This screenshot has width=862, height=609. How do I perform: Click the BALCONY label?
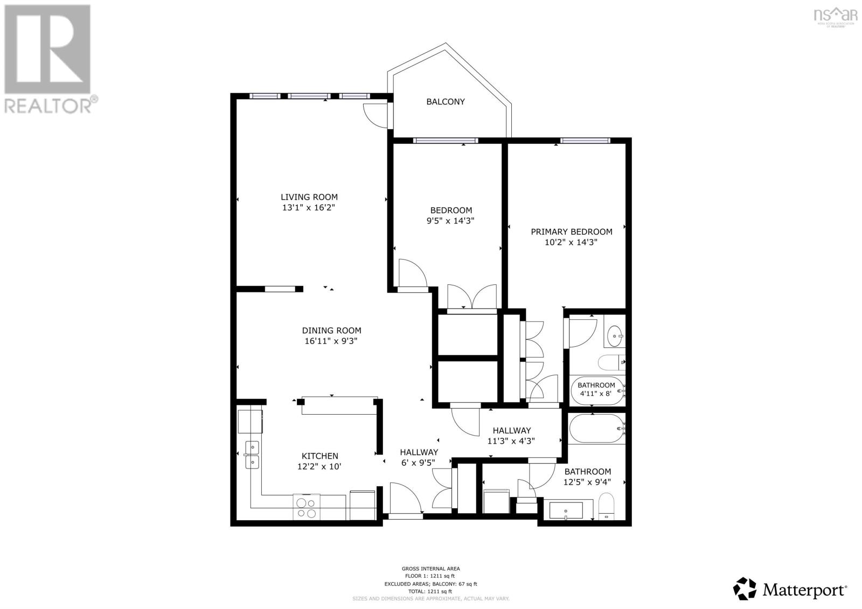pyautogui.click(x=445, y=102)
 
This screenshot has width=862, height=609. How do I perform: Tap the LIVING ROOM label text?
pyautogui.click(x=309, y=197)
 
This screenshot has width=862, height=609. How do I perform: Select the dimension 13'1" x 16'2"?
pyautogui.click(x=309, y=207)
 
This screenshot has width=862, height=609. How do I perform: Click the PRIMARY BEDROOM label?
pyautogui.click(x=571, y=232)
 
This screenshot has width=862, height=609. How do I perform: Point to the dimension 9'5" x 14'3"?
pyautogui.click(x=451, y=221)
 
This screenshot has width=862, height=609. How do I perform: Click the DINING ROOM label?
pyautogui.click(x=331, y=331)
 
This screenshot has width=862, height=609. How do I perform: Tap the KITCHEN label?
pyautogui.click(x=319, y=456)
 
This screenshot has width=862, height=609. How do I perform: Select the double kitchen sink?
pyautogui.click(x=252, y=455)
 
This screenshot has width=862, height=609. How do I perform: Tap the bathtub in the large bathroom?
pyautogui.click(x=597, y=429)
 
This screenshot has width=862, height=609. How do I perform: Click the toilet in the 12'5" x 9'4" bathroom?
pyautogui.click(x=607, y=505)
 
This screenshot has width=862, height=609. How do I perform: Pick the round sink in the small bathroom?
pyautogui.click(x=614, y=337)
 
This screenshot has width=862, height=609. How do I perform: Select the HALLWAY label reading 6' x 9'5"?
pyautogui.click(x=418, y=457)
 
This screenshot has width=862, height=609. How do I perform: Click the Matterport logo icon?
pyautogui.click(x=746, y=589)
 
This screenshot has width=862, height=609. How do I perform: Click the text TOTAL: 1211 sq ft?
pyautogui.click(x=430, y=591)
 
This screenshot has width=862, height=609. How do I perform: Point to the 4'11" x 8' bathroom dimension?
pyautogui.click(x=596, y=394)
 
